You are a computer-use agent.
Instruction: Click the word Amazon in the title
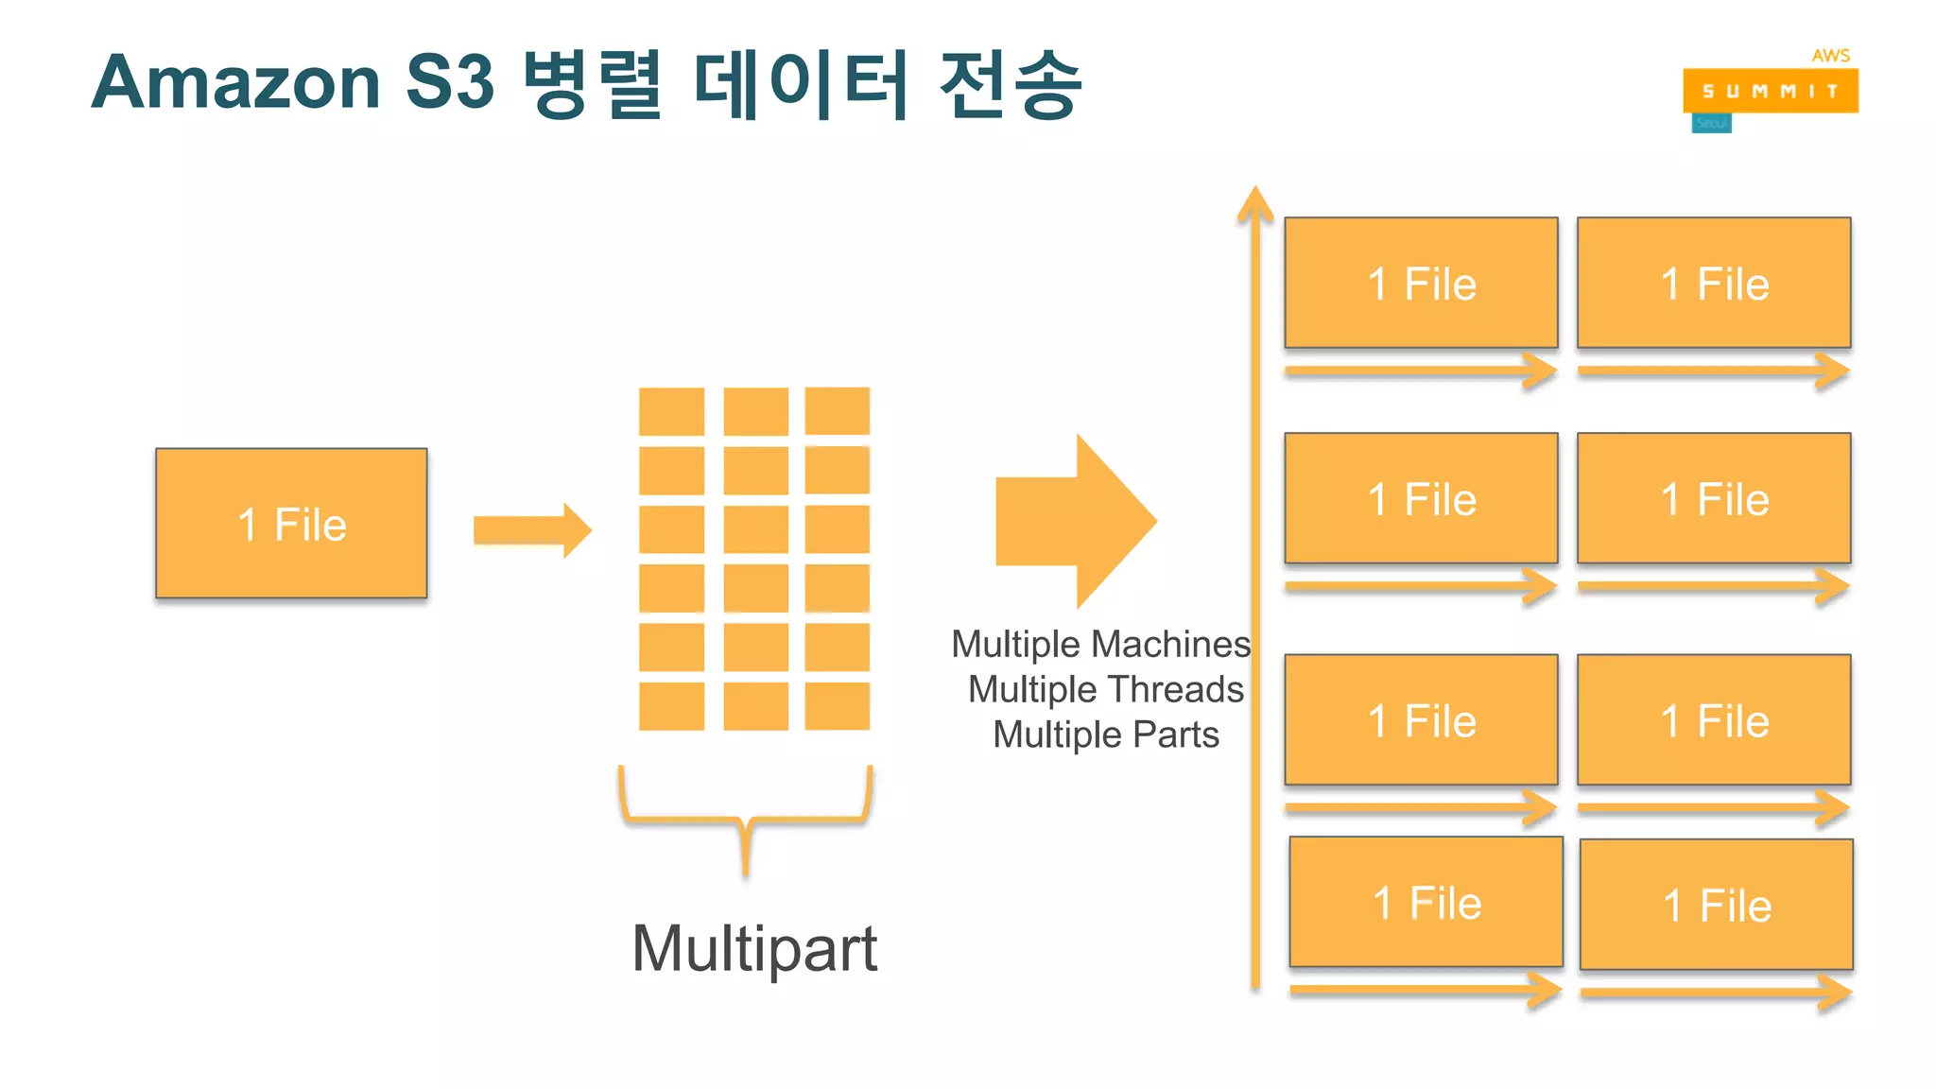(x=236, y=83)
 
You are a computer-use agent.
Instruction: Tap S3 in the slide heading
(x=450, y=83)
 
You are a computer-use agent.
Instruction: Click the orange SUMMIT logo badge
(x=1770, y=91)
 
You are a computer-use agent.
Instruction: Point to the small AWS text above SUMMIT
(x=1830, y=56)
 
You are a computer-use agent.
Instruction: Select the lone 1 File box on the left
(x=291, y=523)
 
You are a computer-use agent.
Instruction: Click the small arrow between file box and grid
(x=531, y=529)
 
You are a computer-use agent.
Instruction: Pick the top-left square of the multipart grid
(x=671, y=411)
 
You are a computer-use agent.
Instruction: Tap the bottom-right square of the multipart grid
(x=837, y=705)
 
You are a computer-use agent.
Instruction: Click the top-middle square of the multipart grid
(x=755, y=411)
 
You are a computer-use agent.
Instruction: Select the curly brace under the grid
(x=745, y=818)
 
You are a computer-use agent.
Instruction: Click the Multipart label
(x=754, y=948)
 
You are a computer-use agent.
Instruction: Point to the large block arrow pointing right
(x=1078, y=521)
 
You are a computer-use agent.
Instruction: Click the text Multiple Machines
(x=1100, y=645)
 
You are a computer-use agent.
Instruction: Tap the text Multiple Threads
(x=1105, y=689)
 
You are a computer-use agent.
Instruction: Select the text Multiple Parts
(x=1105, y=735)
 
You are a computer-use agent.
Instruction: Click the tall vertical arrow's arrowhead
(x=1255, y=204)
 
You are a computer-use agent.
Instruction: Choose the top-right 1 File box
(x=1713, y=283)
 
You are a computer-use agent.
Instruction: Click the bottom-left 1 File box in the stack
(x=1426, y=902)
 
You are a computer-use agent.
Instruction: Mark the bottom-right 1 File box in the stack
(x=1716, y=905)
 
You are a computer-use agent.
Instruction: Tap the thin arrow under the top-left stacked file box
(x=1420, y=371)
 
